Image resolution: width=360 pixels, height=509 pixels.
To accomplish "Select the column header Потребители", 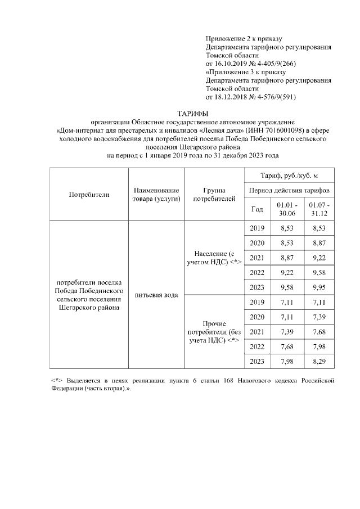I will click(89, 195).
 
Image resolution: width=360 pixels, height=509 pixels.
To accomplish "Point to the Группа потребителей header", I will click(214, 195).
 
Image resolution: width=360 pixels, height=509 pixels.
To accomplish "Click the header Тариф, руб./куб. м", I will click(289, 176).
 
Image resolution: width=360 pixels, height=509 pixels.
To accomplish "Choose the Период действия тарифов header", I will click(289, 191).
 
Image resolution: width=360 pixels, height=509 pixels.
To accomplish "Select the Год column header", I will click(256, 209).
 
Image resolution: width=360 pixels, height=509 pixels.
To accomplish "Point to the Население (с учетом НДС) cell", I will click(214, 257).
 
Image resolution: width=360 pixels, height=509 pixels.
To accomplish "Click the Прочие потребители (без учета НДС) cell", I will click(214, 332).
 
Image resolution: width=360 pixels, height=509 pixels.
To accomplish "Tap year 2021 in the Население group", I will click(256, 257).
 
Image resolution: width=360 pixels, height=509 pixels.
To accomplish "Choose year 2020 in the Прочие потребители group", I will click(256, 317).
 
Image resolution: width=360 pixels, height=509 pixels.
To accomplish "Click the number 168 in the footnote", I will click(228, 381).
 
